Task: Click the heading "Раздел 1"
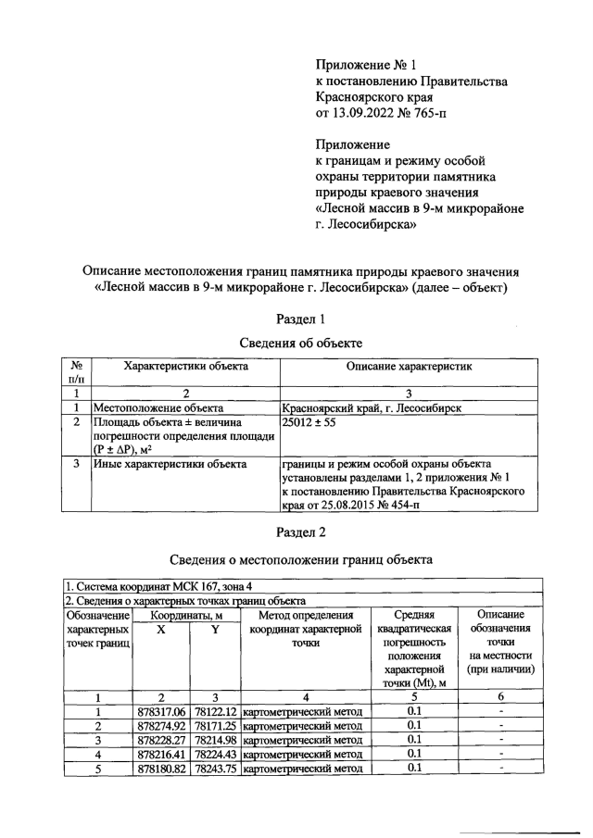[x=296, y=319]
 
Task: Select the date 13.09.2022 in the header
[x=366, y=113]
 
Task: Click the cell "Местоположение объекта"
[x=157, y=407]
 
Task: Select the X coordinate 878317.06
[x=161, y=711]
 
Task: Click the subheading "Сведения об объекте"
[x=296, y=343]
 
